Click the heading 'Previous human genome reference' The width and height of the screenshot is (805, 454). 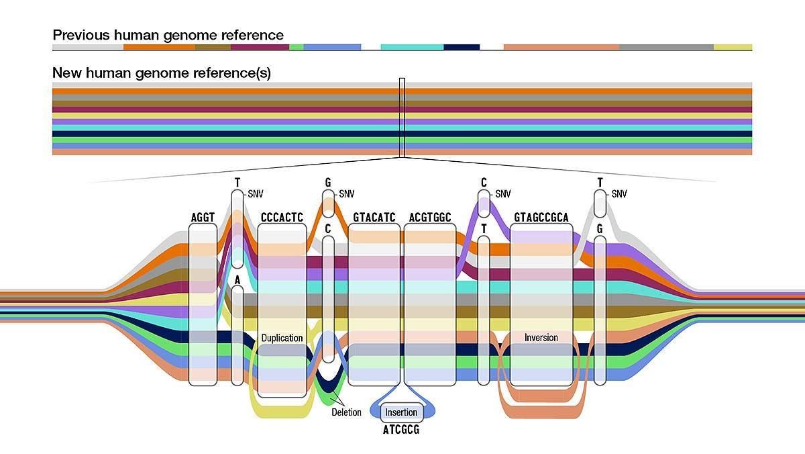coord(168,35)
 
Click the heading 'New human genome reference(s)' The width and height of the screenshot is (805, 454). coord(162,73)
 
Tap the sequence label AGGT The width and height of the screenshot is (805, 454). coord(203,218)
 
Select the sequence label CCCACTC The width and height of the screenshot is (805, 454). coord(282,218)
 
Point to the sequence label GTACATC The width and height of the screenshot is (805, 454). coord(374,218)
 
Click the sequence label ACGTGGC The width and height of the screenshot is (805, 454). coord(430,218)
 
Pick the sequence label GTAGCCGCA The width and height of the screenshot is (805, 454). coord(541,218)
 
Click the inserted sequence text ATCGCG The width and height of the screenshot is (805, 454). coord(401,430)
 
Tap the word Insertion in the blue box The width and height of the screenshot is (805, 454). coord(401,412)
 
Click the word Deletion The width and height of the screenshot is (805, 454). coord(346,412)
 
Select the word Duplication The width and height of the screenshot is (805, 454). coord(282,338)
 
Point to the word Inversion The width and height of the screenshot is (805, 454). coord(541,337)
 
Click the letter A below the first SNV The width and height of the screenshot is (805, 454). coord(237,279)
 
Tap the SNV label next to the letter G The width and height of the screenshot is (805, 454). coord(346,194)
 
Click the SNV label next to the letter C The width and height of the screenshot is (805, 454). coord(503,194)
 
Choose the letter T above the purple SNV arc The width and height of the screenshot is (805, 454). coord(484,229)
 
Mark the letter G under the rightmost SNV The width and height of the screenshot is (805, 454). coord(600,229)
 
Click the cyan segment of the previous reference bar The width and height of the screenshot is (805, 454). coord(412,47)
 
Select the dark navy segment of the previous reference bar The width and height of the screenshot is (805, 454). coord(462,47)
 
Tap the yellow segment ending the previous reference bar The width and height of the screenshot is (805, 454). coord(733,47)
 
